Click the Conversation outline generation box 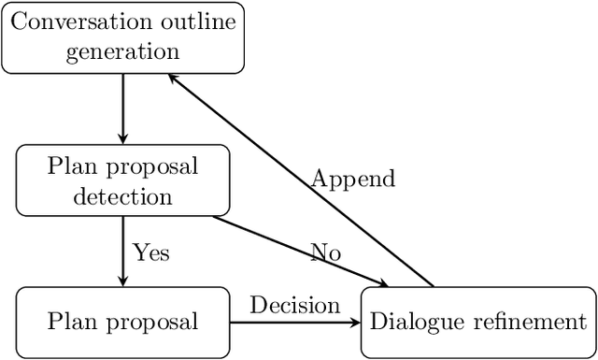click(x=122, y=37)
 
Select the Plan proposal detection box click(x=122, y=180)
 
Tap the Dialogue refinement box click(x=477, y=323)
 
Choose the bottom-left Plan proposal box click(x=122, y=323)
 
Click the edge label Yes click(x=151, y=252)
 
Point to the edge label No click(x=325, y=252)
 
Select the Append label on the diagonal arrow click(x=353, y=178)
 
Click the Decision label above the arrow click(x=294, y=305)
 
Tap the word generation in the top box click(x=122, y=52)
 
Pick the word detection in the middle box click(x=122, y=196)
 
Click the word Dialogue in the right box click(x=416, y=323)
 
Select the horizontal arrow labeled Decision click(x=294, y=323)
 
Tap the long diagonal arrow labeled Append click(x=299, y=180)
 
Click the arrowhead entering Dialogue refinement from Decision click(x=355, y=323)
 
